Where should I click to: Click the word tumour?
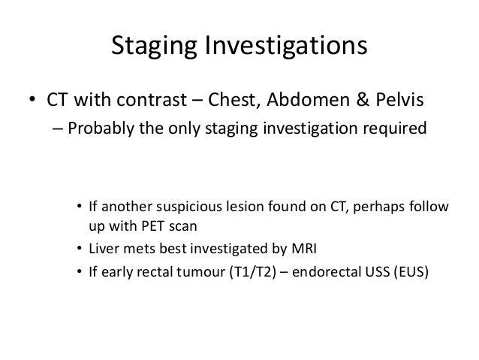200,273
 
